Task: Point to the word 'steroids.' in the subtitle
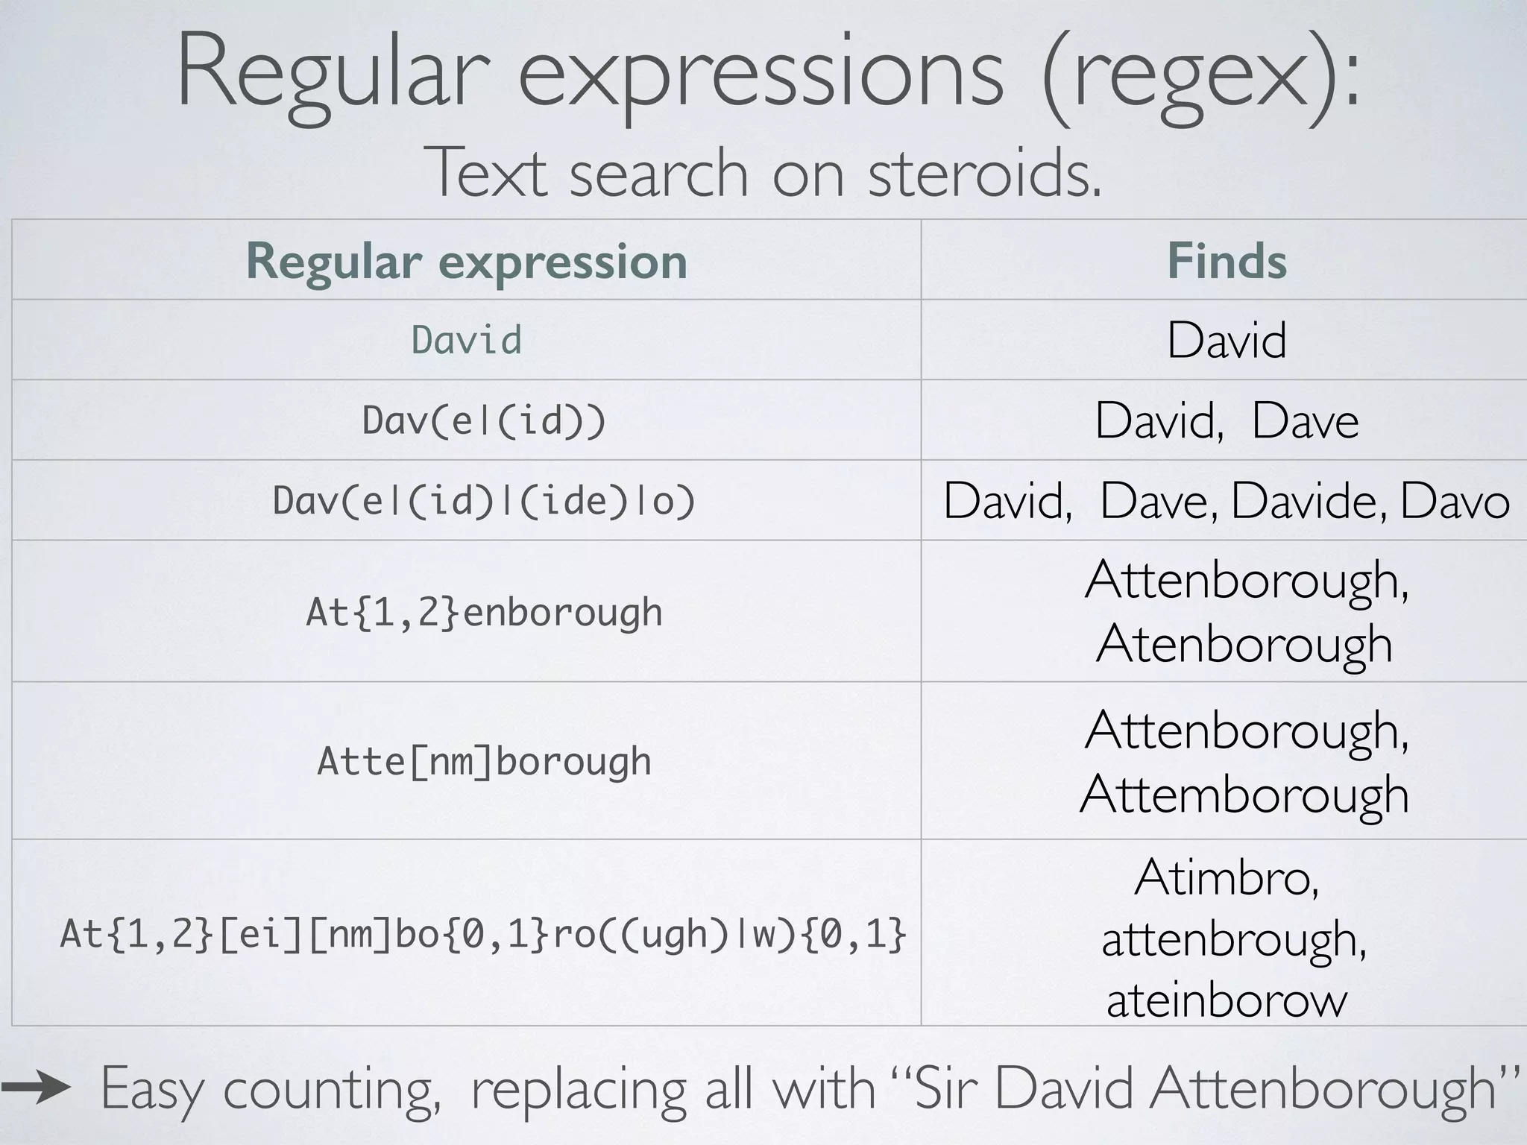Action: click(984, 173)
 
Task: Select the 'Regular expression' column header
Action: click(466, 261)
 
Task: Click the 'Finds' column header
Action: click(1227, 261)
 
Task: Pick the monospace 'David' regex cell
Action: click(466, 341)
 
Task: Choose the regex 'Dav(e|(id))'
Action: click(484, 420)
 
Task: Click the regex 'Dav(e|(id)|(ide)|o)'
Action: click(484, 500)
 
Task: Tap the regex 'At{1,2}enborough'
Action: click(484, 612)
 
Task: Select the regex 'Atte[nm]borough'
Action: click(484, 761)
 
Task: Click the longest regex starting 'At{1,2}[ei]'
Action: click(483, 933)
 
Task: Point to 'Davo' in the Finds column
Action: click(1455, 500)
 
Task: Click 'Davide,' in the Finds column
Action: click(1309, 500)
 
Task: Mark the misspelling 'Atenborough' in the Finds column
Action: click(1244, 643)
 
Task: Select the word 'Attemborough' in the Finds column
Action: click(1244, 793)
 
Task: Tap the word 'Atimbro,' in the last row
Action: click(1227, 877)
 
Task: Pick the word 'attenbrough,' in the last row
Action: click(1234, 939)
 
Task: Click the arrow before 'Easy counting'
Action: click(36, 1088)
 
